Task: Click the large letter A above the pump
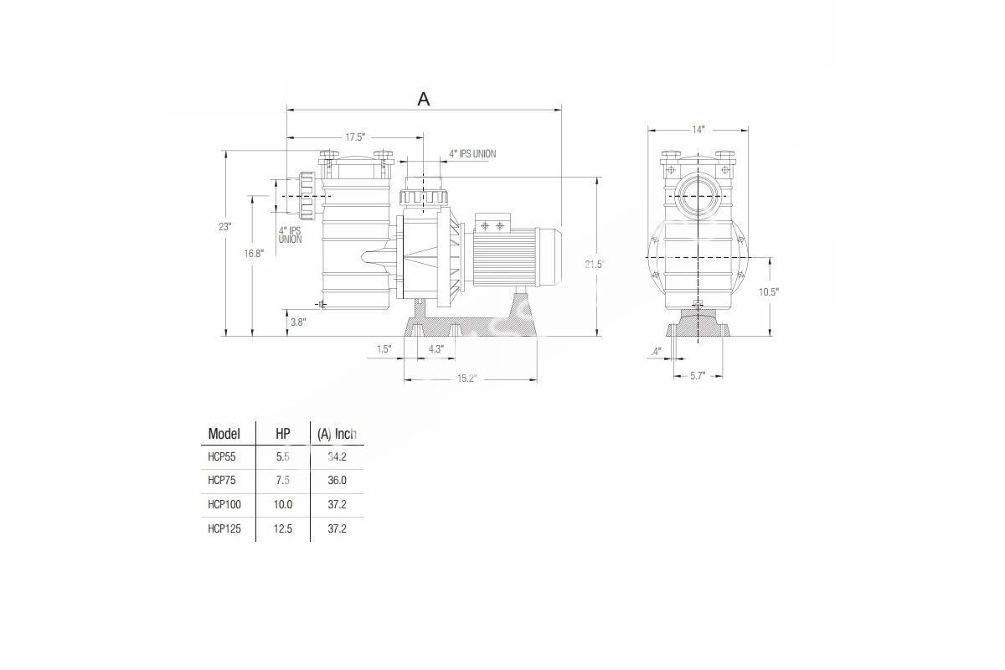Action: click(424, 99)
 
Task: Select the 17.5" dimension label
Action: click(355, 137)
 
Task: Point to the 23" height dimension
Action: click(224, 227)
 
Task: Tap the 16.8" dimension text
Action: click(254, 254)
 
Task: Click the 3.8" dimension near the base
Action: click(298, 322)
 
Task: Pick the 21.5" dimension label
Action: click(595, 265)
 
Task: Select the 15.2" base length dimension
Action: click(467, 379)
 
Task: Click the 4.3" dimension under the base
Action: click(436, 349)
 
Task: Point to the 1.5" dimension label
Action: click(384, 349)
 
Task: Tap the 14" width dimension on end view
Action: click(698, 130)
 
